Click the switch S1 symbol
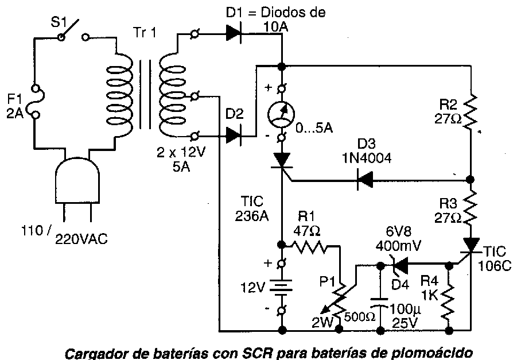tap(72, 36)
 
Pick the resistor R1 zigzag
tap(310, 248)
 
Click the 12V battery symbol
tap(282, 288)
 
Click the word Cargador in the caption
tap(95, 351)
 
